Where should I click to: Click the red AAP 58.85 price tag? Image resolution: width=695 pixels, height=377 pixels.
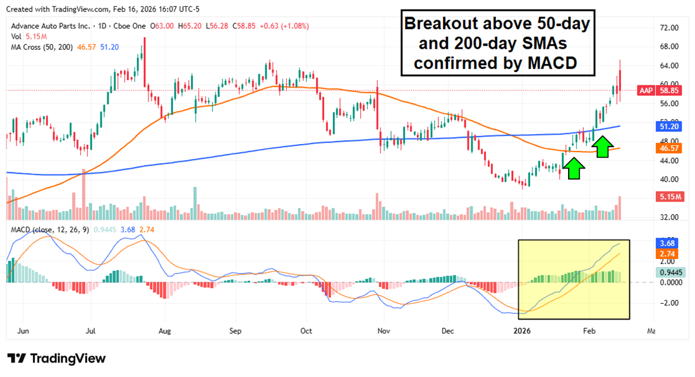tap(663, 90)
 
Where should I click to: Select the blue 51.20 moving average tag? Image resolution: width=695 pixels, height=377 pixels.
tap(669, 126)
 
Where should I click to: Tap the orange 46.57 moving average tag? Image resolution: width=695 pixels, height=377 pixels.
tap(669, 148)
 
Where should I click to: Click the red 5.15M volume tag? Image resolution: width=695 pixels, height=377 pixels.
tap(669, 197)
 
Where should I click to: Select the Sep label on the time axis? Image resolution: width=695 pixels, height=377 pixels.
tap(236, 330)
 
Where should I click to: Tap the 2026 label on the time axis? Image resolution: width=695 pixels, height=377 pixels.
tap(522, 330)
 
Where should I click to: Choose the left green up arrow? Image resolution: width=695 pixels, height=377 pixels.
tap(574, 168)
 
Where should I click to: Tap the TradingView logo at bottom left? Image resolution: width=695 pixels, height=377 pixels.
tap(56, 359)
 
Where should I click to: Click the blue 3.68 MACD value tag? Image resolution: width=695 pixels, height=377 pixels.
tap(668, 242)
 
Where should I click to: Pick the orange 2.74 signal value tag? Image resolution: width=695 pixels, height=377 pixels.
tap(668, 253)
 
